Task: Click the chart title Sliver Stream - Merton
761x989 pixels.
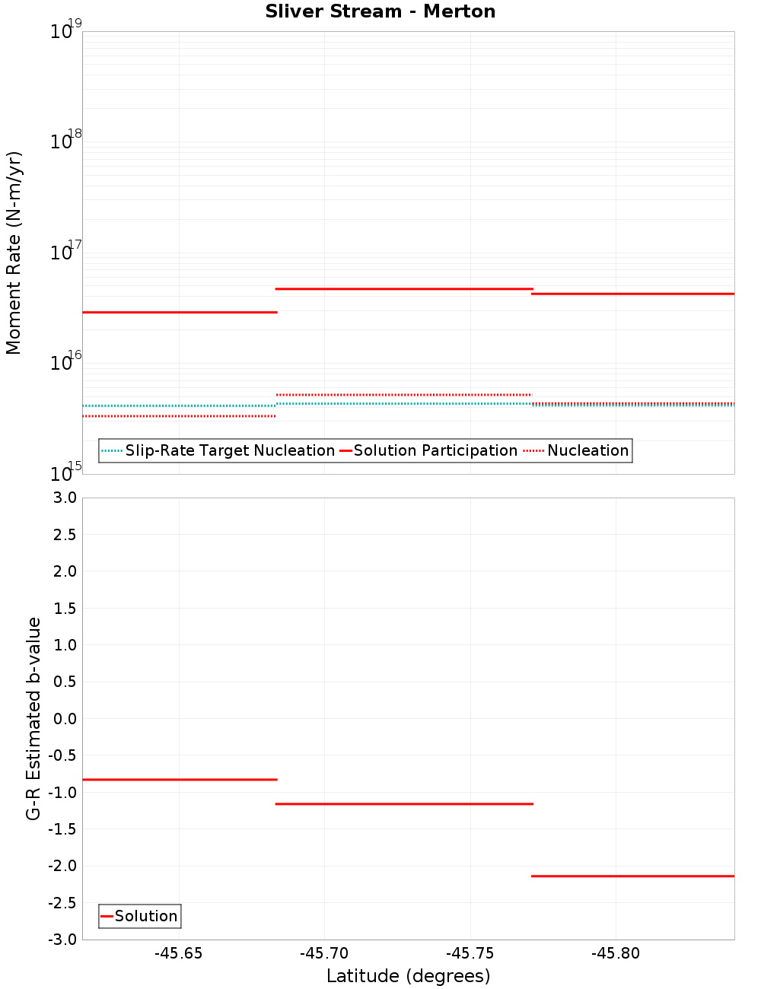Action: (380, 11)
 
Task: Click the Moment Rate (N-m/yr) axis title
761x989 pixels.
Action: (14, 253)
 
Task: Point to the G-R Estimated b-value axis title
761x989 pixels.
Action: (33, 718)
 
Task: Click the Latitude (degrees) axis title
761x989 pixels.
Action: (408, 976)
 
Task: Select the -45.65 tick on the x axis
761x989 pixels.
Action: (179, 953)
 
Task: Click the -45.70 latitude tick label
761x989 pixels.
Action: (324, 953)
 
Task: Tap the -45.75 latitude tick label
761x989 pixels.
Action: (470, 953)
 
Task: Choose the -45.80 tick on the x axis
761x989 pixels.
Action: (616, 953)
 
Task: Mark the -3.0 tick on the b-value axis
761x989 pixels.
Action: (62, 940)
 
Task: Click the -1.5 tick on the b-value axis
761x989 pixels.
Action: (62, 829)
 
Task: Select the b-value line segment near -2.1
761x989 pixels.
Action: (632, 876)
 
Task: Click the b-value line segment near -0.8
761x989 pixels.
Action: (180, 780)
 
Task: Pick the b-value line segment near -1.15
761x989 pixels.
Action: (404, 803)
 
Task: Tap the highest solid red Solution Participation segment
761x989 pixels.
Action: (404, 289)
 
